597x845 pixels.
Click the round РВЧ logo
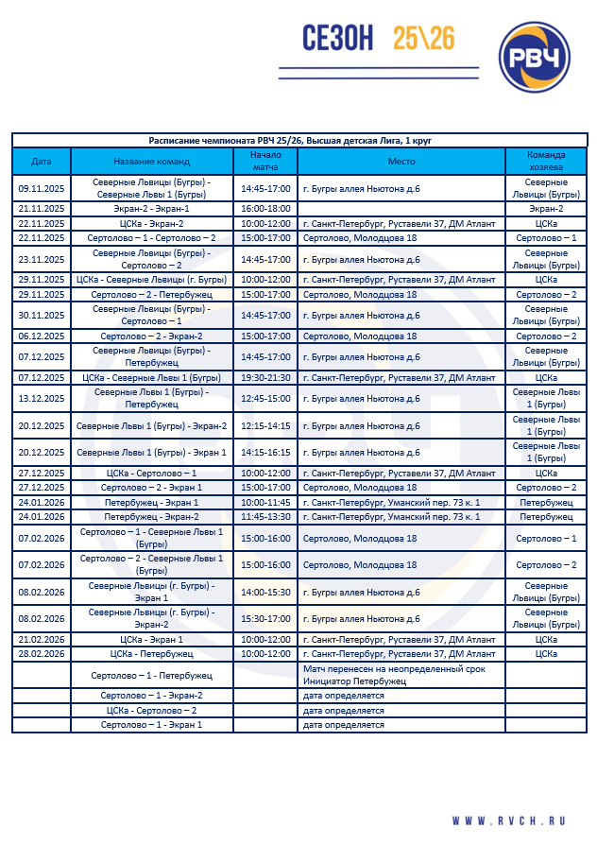pos(534,57)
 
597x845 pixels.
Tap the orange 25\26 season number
pos(424,38)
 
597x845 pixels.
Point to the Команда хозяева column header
pos(546,161)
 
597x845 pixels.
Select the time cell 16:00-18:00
pos(265,209)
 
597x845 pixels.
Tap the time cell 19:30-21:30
pos(265,378)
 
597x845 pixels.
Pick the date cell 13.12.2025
pos(41,398)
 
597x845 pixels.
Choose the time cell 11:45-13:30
pos(265,517)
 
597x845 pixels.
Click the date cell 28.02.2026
pos(41,654)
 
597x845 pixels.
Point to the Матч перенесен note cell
pos(401,675)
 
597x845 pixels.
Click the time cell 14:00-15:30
pos(265,592)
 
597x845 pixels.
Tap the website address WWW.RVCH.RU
pos(509,821)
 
